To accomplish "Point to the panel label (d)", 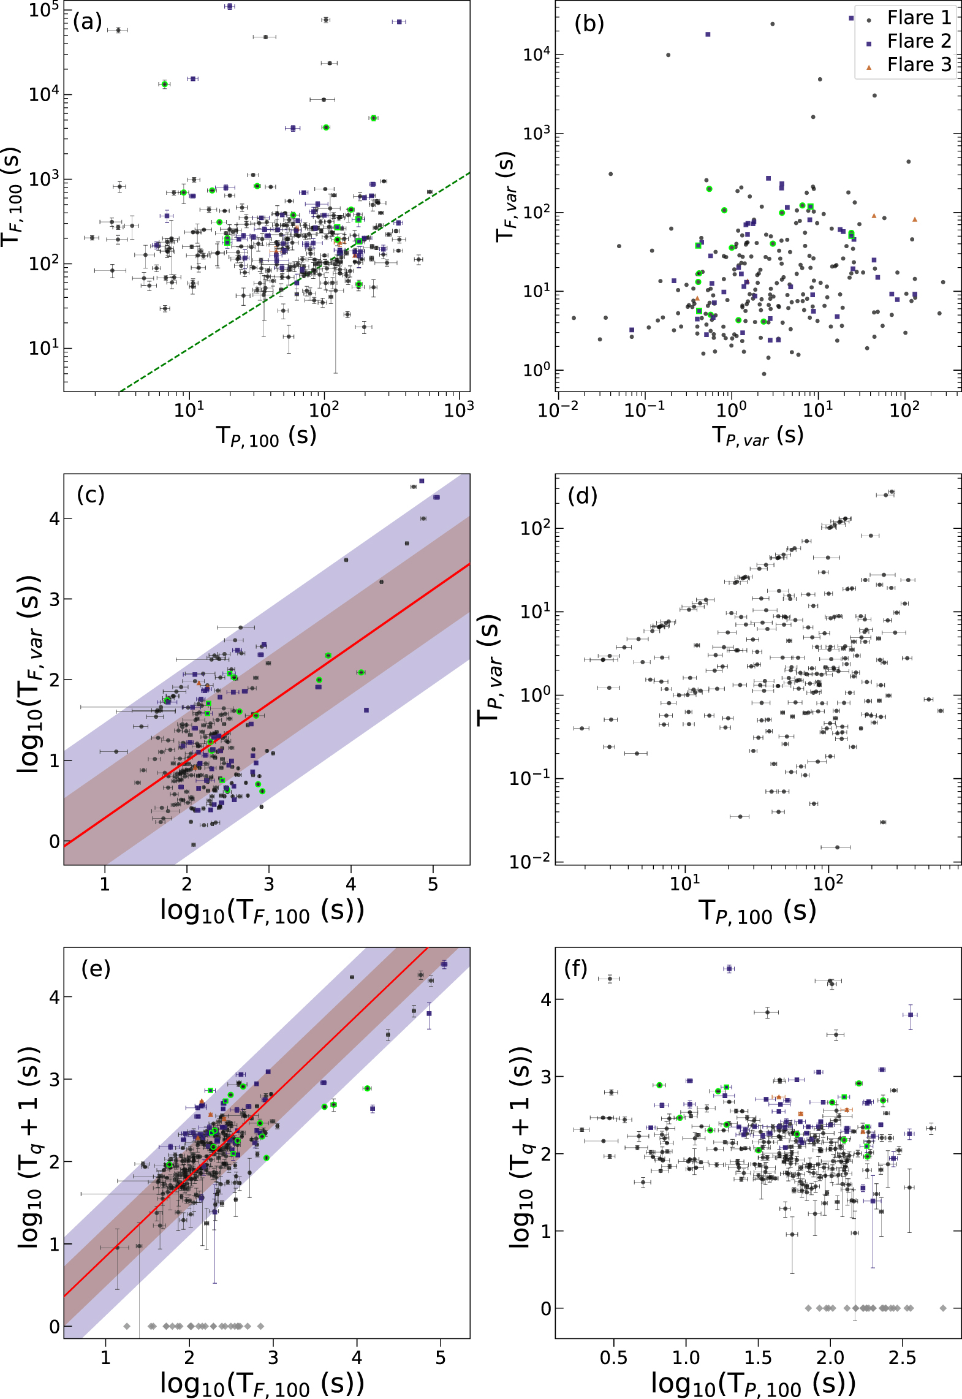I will click(582, 495).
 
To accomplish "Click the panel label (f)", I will click(575, 969).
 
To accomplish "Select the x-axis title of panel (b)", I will click(757, 436).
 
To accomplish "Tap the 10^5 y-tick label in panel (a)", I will click(44, 10).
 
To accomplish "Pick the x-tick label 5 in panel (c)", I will click(433, 884).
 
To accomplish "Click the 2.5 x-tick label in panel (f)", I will click(902, 1357).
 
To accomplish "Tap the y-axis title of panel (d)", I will click(490, 670).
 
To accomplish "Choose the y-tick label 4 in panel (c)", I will click(55, 518).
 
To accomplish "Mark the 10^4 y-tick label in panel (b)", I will click(537, 55).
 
